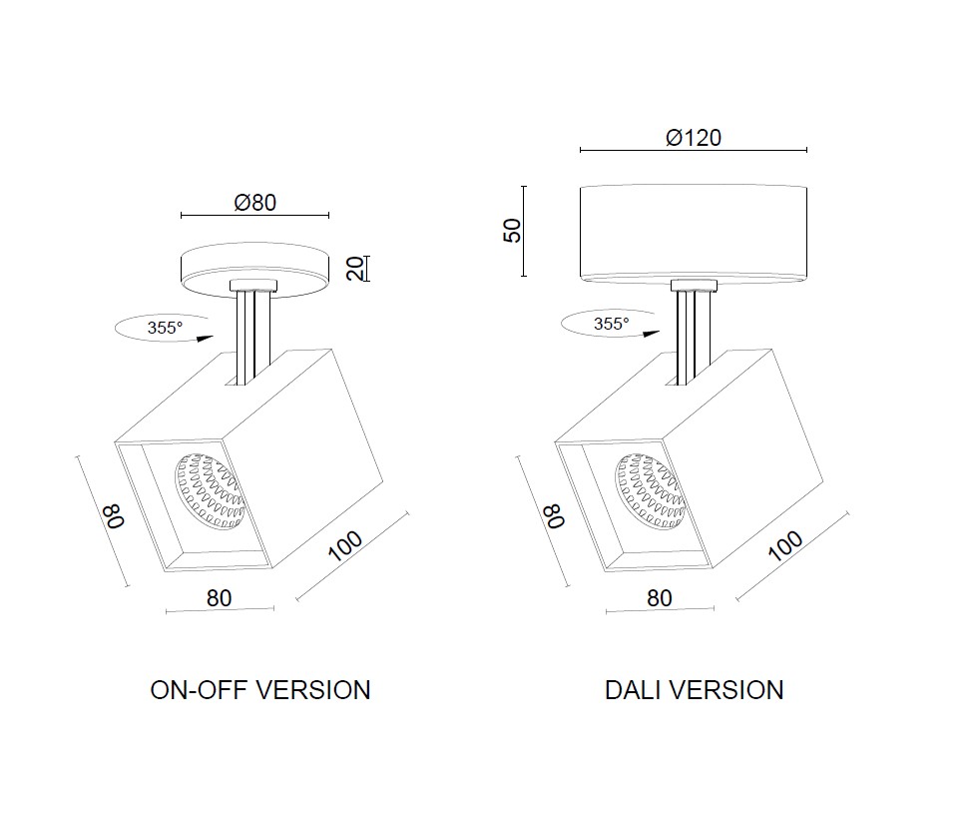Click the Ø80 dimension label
coord(254,202)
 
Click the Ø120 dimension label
coord(694,137)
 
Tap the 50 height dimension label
coord(512,231)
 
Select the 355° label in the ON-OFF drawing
coord(166,328)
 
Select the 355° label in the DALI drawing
coord(612,324)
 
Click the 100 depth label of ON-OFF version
coord(345,547)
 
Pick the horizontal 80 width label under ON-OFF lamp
coord(220,597)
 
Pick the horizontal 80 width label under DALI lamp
coord(660,597)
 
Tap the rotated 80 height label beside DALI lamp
coord(554,516)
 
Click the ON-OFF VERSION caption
coord(260,690)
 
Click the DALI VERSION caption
coord(695,690)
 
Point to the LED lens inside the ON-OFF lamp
coord(210,489)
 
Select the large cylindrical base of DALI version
coord(695,232)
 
